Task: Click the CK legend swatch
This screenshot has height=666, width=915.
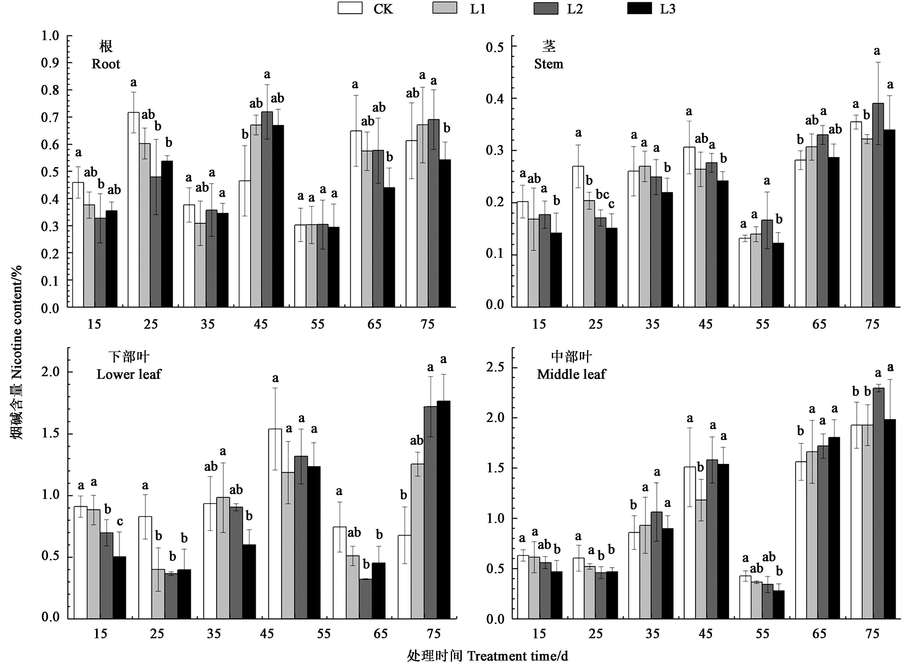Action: [350, 8]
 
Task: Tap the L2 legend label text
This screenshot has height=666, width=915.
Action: [575, 9]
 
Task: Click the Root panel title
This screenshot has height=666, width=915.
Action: [106, 55]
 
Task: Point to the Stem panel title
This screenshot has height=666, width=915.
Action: [549, 55]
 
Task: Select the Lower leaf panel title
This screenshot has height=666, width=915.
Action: [129, 365]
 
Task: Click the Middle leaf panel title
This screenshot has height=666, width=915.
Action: [571, 365]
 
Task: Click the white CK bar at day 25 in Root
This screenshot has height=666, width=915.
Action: [134, 210]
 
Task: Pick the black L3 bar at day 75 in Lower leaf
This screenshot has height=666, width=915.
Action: [443, 510]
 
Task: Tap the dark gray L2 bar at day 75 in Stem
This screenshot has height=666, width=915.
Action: [878, 205]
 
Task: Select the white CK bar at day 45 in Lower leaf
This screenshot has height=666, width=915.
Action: [275, 524]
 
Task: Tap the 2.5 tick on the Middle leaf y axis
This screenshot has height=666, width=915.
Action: [495, 367]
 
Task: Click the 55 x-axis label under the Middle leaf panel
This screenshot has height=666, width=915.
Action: [762, 634]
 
